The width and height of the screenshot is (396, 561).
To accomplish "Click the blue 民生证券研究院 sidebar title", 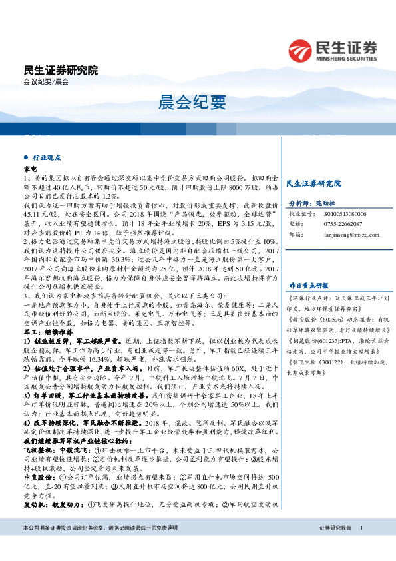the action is (313, 183).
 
